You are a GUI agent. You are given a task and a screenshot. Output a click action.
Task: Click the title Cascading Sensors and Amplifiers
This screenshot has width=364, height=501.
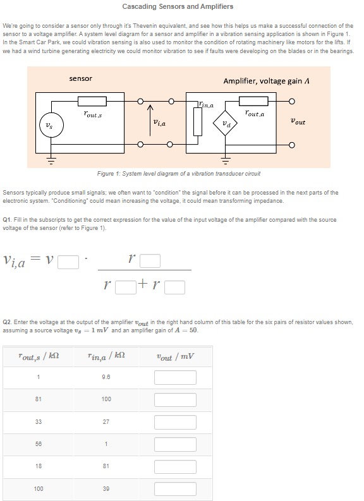coord(178,6)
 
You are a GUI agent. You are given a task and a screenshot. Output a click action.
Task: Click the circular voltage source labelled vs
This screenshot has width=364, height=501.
coord(51,125)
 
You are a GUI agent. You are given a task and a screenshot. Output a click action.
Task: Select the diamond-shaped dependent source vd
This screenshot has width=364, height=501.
coord(226,123)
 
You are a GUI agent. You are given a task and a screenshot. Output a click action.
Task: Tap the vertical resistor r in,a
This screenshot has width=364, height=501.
coord(198,121)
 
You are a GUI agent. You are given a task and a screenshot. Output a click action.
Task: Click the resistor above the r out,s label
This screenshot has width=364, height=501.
coord(92,101)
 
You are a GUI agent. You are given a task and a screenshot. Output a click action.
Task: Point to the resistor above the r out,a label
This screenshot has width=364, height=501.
coord(253,101)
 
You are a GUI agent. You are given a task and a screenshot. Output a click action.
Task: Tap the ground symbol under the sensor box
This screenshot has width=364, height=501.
coord(51,159)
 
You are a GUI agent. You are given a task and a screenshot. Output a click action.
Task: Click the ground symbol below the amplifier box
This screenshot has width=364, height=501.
coord(226,159)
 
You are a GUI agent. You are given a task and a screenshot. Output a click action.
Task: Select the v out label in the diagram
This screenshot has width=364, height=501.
coord(298,121)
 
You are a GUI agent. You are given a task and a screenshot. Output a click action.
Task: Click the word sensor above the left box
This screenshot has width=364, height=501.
coord(80,78)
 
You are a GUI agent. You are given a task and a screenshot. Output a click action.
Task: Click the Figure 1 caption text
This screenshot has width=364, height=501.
coord(179,174)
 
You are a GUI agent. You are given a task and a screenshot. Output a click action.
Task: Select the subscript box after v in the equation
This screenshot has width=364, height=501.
coord(68,262)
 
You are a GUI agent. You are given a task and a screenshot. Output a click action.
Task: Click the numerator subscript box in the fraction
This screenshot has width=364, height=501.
coord(150,261)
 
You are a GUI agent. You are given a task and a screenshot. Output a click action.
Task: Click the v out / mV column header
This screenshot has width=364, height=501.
coord(175,357)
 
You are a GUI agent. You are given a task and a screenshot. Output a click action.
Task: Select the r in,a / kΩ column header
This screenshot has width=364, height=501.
coord(106,356)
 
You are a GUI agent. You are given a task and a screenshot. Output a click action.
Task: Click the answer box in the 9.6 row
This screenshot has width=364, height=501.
coord(175,377)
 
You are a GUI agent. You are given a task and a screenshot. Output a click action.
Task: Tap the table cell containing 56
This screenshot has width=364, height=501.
coord(39,444)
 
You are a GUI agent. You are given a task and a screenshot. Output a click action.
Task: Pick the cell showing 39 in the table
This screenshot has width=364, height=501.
coord(106,488)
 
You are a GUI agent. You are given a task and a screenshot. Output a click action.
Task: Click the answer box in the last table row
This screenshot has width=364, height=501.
coord(175,489)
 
